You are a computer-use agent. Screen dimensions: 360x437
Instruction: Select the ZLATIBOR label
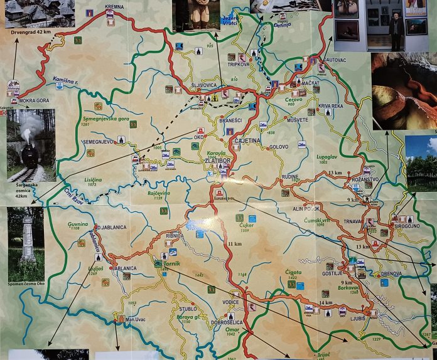tap(216, 161)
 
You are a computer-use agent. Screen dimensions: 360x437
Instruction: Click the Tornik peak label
tap(171, 264)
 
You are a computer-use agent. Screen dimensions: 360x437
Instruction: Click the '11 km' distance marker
tap(235, 243)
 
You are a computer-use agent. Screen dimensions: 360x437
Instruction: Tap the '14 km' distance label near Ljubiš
tap(325, 303)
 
